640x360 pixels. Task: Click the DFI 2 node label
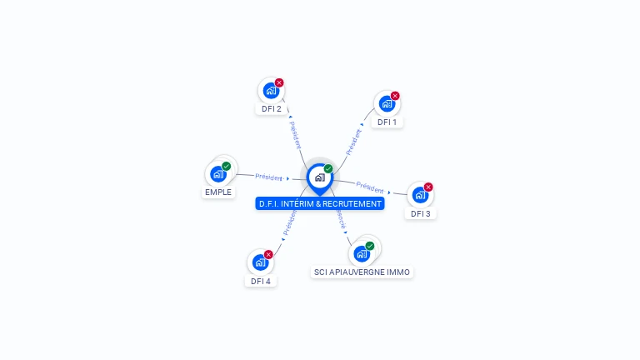pos(272,108)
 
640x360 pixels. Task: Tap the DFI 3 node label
pos(421,213)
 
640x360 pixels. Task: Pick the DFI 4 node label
pos(261,281)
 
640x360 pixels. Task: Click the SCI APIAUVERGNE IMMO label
pos(362,272)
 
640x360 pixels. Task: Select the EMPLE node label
pos(218,192)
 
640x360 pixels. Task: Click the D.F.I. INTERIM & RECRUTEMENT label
pos(320,203)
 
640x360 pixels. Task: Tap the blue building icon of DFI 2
pos(270,91)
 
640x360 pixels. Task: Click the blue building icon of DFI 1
pos(386,104)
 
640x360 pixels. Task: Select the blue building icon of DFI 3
pos(419,195)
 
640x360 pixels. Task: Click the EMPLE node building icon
pos(217,174)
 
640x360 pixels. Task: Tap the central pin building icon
pos(319,177)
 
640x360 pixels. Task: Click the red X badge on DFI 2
pos(279,82)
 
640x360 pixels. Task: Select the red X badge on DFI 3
pos(428,187)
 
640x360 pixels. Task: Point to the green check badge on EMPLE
pos(227,166)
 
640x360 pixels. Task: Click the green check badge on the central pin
pos(328,168)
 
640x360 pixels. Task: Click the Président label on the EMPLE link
pos(269,177)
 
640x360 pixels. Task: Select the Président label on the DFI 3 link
pos(370,187)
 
